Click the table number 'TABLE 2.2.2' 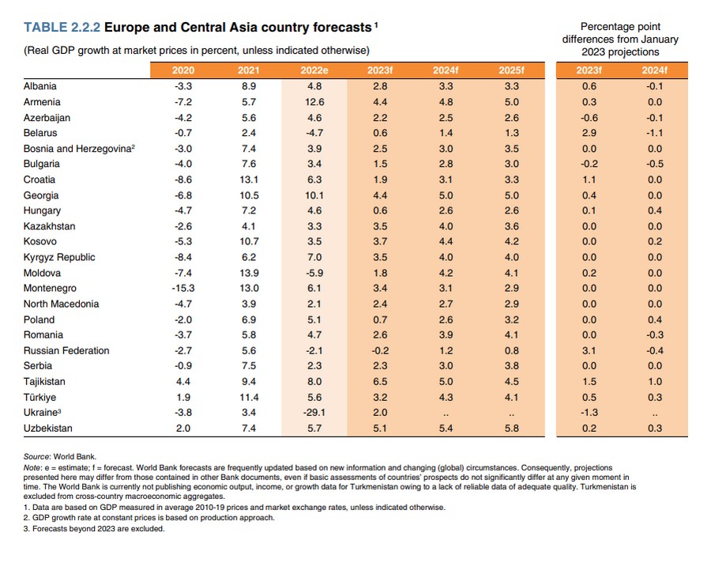[x=62, y=27]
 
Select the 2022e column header [x=314, y=70]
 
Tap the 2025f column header [x=511, y=70]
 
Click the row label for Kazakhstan [x=50, y=226]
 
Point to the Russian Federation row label [x=66, y=350]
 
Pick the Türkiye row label [x=40, y=397]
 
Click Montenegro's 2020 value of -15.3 [x=183, y=289]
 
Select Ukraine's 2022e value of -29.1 [x=314, y=413]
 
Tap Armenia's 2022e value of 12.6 [x=314, y=102]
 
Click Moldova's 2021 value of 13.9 [x=249, y=273]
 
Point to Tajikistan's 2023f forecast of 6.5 [x=380, y=381]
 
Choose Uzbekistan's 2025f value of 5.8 [x=511, y=428]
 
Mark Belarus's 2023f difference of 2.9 [x=589, y=133]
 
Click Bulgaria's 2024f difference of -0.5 [x=655, y=164]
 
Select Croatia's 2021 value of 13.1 [x=249, y=179]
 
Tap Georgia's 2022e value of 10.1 [x=314, y=195]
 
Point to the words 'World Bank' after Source [x=74, y=457]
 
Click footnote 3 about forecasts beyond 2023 [x=94, y=529]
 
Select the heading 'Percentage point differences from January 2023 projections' [x=620, y=39]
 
